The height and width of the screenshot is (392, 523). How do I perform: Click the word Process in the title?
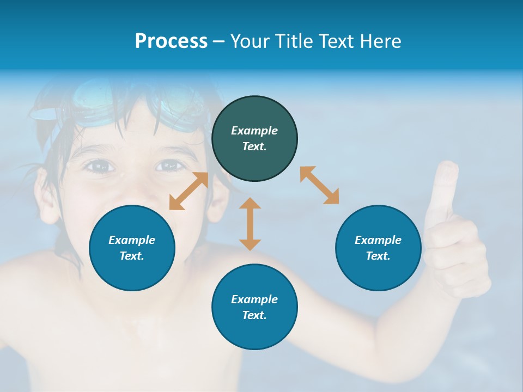(x=171, y=41)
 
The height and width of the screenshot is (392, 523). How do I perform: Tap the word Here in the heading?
(x=380, y=41)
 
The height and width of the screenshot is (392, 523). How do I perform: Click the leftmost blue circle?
(x=132, y=248)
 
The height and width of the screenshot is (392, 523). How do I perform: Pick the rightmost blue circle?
(x=378, y=248)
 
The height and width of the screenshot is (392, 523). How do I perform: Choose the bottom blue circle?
(x=254, y=307)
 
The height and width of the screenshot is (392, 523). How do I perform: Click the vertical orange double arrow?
(x=250, y=224)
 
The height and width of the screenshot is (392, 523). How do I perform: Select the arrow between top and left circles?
(x=188, y=191)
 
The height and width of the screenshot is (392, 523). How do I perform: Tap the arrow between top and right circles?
(x=319, y=185)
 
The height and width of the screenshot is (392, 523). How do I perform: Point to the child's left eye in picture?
(x=99, y=166)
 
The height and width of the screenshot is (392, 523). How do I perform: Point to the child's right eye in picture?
(x=171, y=165)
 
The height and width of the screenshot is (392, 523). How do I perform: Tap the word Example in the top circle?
(x=254, y=131)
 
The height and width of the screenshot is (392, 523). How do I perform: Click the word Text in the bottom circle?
(x=254, y=315)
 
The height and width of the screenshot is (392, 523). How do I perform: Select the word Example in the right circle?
(x=378, y=240)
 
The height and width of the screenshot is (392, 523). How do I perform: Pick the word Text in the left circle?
(x=131, y=256)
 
